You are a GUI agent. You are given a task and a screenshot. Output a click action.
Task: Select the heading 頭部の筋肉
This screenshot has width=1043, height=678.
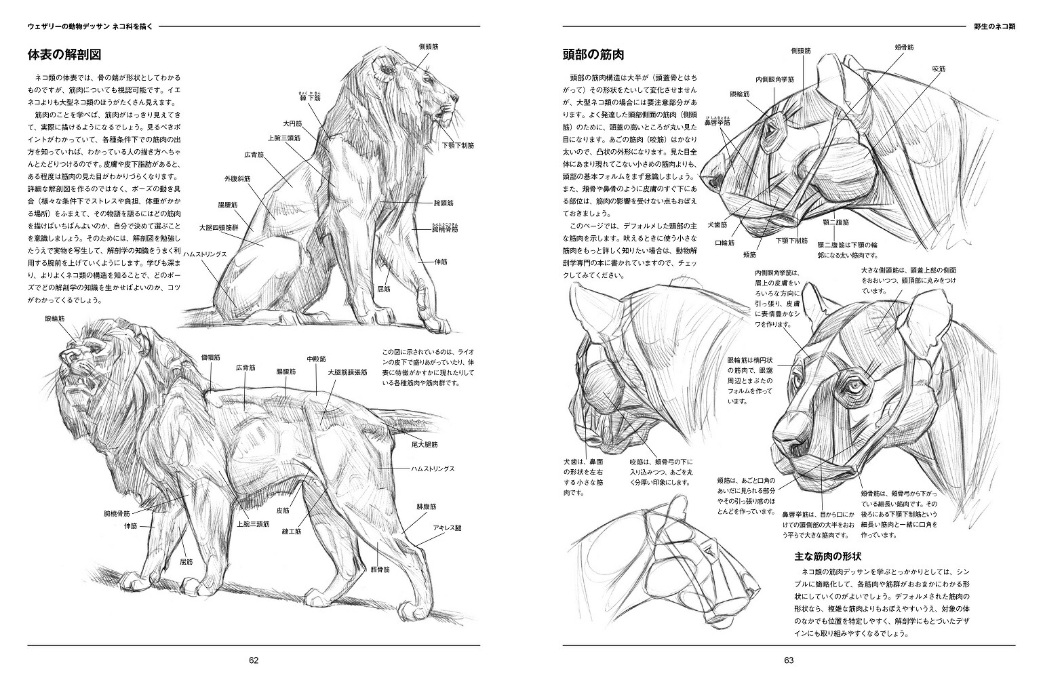593,55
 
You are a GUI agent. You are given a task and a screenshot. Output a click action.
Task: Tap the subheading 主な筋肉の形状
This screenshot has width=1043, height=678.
827,557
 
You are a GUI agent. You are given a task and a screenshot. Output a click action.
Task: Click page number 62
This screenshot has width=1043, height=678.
254,660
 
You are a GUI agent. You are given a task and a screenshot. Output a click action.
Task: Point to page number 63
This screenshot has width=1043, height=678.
788,660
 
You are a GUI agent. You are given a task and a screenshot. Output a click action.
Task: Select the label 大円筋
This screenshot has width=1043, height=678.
292,124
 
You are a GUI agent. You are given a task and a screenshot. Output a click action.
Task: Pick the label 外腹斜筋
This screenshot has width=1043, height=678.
237,179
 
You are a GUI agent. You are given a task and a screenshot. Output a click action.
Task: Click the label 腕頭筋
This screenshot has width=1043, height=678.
443,203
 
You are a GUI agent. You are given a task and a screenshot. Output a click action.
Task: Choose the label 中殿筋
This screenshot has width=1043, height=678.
316,359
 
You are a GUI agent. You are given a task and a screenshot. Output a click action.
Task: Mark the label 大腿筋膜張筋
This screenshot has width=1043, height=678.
347,372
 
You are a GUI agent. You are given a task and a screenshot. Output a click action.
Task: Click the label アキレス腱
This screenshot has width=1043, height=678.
448,527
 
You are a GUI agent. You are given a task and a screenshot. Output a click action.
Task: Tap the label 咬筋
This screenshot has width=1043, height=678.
939,68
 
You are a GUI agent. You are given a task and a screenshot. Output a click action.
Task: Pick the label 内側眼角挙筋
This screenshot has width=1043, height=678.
775,79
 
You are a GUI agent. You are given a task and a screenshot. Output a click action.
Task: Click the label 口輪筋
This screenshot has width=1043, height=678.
725,243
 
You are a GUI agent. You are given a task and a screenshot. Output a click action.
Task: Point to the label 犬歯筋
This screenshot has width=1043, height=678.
717,224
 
